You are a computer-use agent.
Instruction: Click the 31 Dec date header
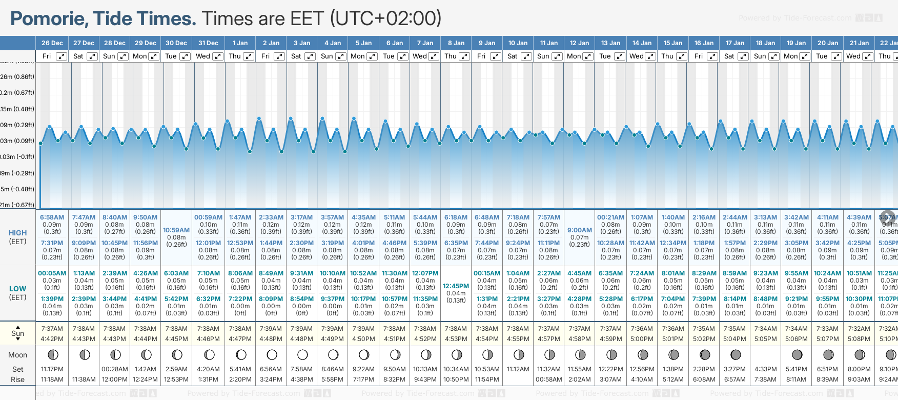click(208, 43)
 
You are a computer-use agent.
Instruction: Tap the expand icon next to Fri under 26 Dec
click(61, 56)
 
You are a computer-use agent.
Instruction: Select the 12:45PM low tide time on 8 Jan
click(456, 286)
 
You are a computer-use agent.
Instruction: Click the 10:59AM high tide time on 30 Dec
click(176, 230)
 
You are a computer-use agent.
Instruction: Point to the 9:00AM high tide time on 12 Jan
click(580, 230)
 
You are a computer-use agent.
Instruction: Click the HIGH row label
click(17, 233)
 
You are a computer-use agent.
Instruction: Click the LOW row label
click(17, 289)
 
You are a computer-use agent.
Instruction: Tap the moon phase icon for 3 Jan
click(302, 354)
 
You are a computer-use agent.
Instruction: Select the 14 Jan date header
click(642, 43)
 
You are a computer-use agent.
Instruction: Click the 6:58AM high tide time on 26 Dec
click(52, 217)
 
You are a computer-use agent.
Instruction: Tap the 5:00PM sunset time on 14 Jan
click(642, 339)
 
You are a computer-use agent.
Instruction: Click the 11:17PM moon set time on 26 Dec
click(52, 369)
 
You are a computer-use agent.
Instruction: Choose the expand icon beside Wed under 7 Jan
click(433, 56)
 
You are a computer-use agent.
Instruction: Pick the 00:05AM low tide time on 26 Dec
click(52, 273)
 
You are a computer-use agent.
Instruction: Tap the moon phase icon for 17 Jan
click(736, 354)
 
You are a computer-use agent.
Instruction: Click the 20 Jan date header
click(828, 43)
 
